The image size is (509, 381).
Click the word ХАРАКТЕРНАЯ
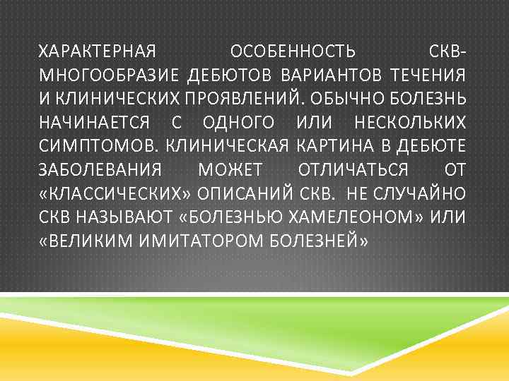point(96,52)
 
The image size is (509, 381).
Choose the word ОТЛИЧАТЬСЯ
point(353,170)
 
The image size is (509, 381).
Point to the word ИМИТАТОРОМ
point(199,241)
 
